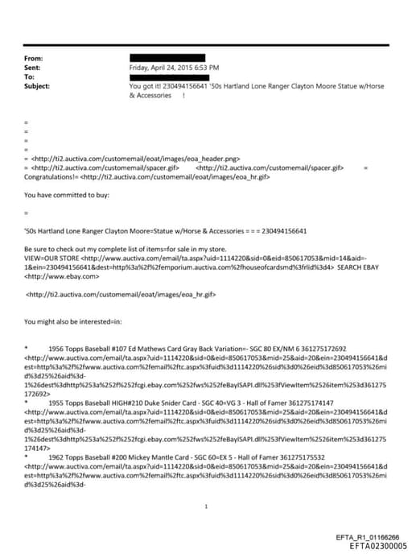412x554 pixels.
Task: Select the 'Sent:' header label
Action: point(33,68)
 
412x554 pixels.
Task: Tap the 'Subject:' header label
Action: point(38,85)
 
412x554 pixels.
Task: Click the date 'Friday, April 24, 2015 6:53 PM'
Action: point(174,68)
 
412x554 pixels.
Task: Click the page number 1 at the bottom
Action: point(207,506)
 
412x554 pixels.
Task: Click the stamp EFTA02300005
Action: point(373,544)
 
